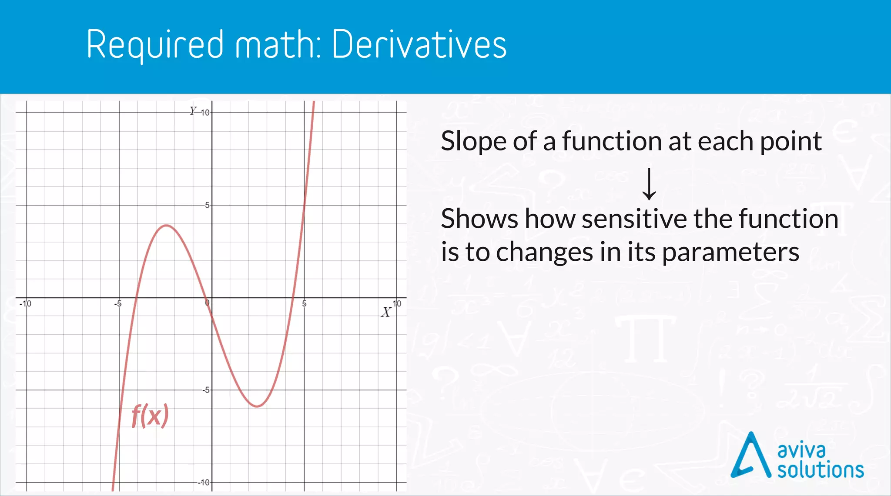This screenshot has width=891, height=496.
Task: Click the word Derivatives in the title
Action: click(x=419, y=44)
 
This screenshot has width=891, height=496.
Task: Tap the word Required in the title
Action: click(x=155, y=45)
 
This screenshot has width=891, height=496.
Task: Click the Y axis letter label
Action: click(x=193, y=111)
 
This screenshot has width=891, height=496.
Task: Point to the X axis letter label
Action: click(x=386, y=312)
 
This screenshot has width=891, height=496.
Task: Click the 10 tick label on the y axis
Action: click(x=205, y=113)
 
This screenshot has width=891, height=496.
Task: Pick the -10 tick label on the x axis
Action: click(x=26, y=303)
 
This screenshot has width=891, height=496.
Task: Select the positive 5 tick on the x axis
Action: click(x=305, y=304)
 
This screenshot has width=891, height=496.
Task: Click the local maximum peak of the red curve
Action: click(x=166, y=225)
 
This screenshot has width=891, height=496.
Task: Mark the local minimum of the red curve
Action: click(x=258, y=406)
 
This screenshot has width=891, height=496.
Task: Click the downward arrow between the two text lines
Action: click(x=649, y=184)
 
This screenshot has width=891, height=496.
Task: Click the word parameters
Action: click(x=730, y=252)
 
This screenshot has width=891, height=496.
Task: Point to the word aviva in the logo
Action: click(x=801, y=450)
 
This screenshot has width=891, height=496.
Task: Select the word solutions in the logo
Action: click(x=821, y=470)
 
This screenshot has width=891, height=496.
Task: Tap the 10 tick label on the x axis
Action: click(x=397, y=303)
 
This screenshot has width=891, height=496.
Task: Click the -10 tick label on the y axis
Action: click(x=204, y=483)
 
